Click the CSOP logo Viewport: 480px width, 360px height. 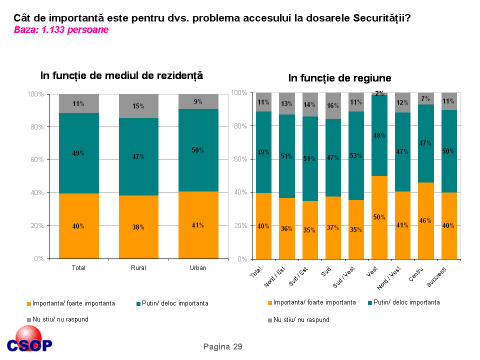coord(29,340)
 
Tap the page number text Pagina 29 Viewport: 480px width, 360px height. coord(222,346)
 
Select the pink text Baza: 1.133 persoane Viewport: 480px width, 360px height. coord(61,30)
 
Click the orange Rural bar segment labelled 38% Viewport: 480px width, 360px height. coord(138,227)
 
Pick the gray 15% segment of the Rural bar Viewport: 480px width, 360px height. coord(138,106)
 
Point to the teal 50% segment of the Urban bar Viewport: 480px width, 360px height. coord(198,150)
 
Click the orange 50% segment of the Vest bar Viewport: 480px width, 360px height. coord(379,217)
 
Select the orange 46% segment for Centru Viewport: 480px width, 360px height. coord(425,220)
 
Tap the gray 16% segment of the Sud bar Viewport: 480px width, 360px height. coord(333,106)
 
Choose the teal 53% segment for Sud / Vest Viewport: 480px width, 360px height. coord(356,155)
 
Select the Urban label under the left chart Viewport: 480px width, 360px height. coord(198,268)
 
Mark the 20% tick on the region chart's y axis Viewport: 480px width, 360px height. coord(240,226)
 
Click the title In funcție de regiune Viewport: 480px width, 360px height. coord(339,78)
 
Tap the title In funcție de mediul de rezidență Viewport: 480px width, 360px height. coord(121,75)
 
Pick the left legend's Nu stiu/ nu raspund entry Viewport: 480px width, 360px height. coord(57,319)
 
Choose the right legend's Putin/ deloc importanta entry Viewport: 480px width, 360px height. coord(403,302)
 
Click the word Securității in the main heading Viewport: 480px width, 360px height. coord(381,18)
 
